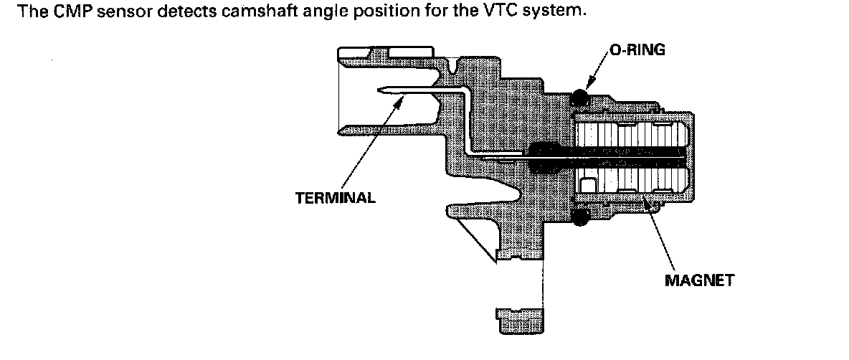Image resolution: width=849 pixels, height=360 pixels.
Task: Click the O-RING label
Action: click(637, 49)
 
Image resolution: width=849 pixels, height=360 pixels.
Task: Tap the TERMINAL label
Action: click(335, 198)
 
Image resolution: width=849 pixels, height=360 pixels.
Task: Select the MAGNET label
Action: click(699, 280)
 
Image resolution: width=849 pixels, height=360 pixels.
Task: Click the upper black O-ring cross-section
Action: click(579, 96)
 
